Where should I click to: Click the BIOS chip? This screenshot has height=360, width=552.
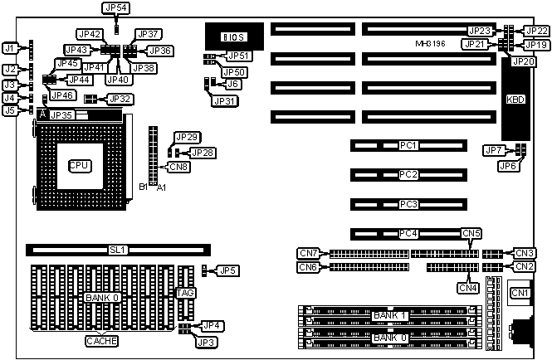tap(233, 36)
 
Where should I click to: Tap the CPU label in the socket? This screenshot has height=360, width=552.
tap(80, 164)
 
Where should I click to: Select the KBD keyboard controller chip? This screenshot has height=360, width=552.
tap(515, 99)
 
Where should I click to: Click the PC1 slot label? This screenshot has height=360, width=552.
tap(408, 145)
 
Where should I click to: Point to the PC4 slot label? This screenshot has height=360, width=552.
tap(408, 234)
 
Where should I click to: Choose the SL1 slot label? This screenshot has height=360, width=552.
tap(119, 248)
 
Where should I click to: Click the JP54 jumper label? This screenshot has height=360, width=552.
tap(116, 7)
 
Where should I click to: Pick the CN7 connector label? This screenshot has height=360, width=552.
tap(308, 252)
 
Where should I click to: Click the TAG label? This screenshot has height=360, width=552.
tap(186, 294)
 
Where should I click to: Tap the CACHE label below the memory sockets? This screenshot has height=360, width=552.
tap(101, 341)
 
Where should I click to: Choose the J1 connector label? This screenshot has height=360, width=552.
tap(10, 49)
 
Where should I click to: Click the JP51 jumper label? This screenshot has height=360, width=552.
tap(238, 56)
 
